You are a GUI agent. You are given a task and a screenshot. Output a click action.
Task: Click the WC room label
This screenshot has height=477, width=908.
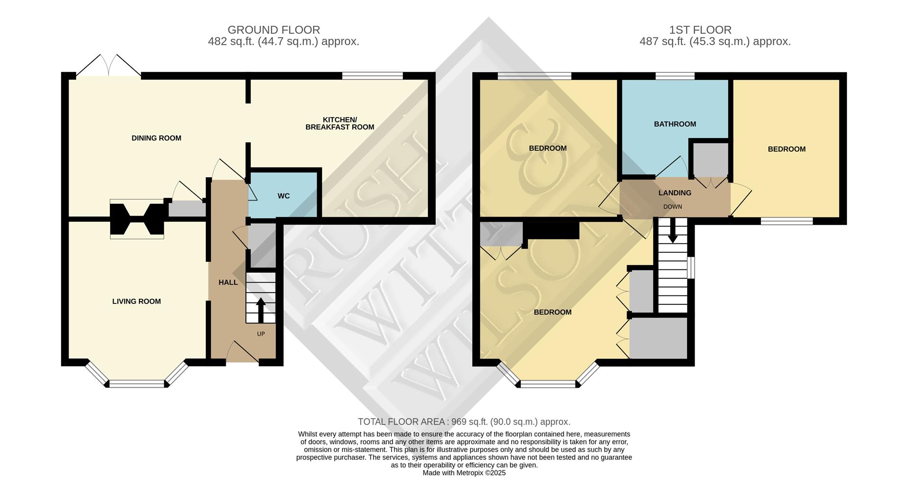point(283,196)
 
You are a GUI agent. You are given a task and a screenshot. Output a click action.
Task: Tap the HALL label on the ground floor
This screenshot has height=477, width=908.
point(228,282)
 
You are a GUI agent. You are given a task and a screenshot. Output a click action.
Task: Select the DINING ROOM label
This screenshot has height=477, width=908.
point(156,138)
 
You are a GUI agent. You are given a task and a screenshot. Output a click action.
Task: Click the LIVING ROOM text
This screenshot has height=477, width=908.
point(136,301)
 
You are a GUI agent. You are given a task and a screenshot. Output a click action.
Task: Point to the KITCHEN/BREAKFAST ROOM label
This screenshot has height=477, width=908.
point(340,123)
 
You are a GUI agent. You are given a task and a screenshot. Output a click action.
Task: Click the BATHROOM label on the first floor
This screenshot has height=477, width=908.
point(675,124)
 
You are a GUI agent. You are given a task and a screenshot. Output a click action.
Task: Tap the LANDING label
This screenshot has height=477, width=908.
point(675,193)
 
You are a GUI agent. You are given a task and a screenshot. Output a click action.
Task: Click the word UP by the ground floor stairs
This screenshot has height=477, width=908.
point(261,334)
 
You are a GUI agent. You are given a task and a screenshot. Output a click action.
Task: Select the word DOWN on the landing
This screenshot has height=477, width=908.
point(672,207)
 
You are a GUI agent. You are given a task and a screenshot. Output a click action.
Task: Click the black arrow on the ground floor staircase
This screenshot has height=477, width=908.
point(261,310)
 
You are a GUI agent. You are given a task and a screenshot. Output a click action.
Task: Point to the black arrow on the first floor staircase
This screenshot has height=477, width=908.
point(672,232)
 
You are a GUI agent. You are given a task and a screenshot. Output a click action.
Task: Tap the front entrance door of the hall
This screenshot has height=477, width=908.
point(242,355)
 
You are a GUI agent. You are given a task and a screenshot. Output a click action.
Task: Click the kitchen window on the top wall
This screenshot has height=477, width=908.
point(372,75)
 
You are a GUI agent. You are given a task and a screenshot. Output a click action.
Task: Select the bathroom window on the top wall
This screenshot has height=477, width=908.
point(674,75)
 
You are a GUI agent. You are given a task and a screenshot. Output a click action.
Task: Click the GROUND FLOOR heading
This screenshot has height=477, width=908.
point(273,30)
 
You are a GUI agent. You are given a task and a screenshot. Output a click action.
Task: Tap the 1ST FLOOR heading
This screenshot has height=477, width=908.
point(700,30)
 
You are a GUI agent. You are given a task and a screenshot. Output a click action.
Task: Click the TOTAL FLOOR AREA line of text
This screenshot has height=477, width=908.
point(464,422)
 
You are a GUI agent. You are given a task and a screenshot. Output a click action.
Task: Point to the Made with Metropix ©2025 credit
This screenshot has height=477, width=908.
point(464,473)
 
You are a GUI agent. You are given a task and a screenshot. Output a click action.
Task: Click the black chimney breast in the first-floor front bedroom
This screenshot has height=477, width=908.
point(552,231)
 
